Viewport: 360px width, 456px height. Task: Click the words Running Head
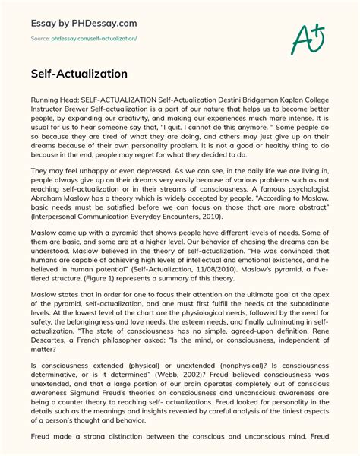52,100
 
